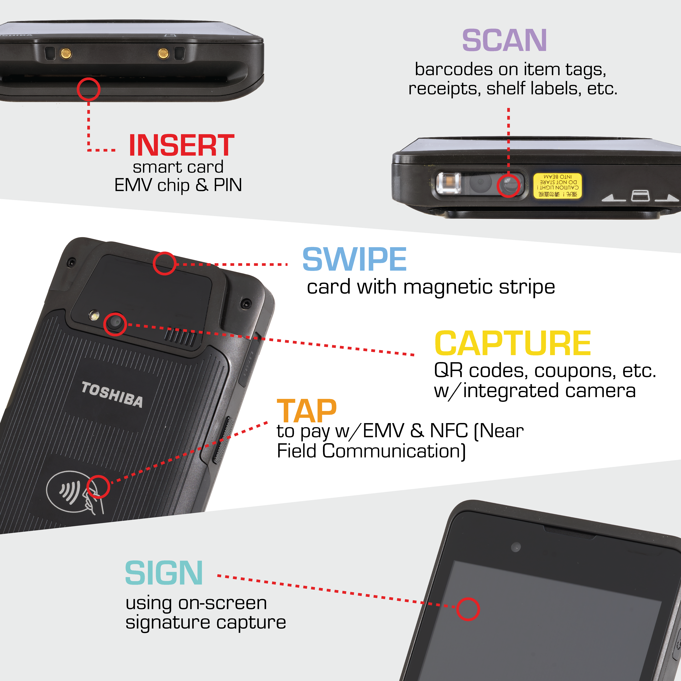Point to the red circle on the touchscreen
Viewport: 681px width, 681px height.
coord(468,609)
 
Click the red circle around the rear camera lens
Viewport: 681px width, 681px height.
coord(115,324)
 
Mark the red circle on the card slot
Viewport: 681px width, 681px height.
coord(89,89)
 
